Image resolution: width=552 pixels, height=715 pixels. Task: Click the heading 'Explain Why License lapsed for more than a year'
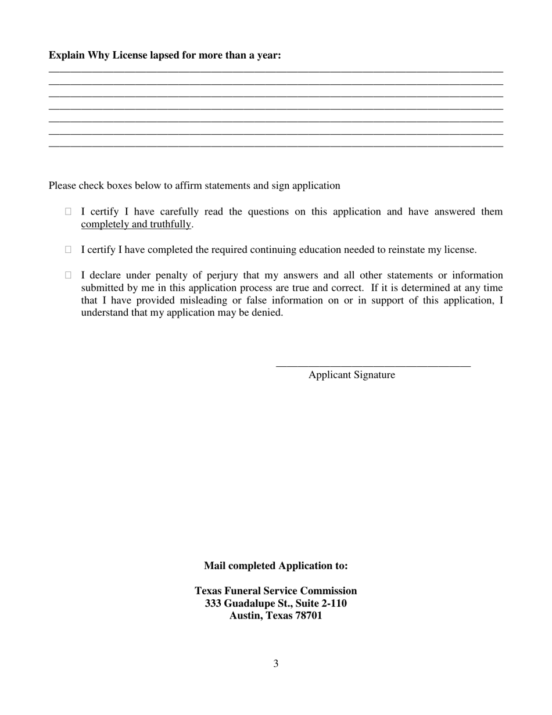click(164, 55)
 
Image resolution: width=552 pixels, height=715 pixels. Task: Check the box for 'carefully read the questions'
click(68, 212)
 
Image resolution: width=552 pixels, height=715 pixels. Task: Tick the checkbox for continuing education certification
click(68, 249)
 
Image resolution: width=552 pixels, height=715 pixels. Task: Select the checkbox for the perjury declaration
click(68, 275)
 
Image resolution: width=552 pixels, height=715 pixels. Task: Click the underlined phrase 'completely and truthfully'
click(136, 224)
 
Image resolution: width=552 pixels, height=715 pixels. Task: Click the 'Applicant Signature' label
click(352, 375)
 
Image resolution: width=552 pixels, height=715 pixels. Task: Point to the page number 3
click(276, 663)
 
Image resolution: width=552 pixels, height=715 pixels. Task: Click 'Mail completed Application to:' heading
click(276, 566)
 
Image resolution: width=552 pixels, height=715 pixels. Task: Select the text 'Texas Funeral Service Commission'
click(276, 591)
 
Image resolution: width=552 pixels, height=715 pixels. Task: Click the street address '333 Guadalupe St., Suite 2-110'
click(276, 603)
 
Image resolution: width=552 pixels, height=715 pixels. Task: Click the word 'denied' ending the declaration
click(268, 313)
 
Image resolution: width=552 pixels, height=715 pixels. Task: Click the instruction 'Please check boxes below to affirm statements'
click(194, 185)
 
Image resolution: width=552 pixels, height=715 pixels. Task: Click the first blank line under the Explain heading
click(276, 70)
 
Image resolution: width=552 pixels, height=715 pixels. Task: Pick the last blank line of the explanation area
click(276, 145)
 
